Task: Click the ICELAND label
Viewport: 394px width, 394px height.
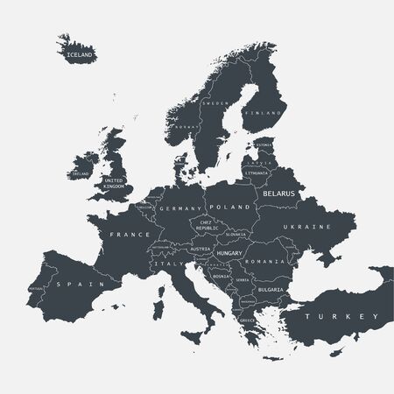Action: click(78, 54)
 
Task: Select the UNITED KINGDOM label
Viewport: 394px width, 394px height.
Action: click(114, 181)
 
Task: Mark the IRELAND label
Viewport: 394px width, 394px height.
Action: click(80, 174)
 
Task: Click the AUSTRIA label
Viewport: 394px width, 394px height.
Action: click(201, 249)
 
